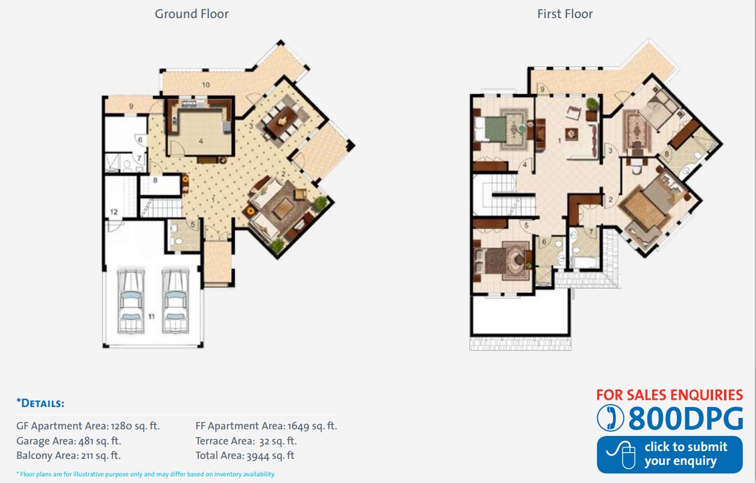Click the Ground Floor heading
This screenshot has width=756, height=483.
(191, 14)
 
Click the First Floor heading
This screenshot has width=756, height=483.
(565, 14)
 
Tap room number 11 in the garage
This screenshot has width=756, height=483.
(152, 317)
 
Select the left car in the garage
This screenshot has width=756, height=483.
(131, 301)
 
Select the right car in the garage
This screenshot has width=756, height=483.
(175, 301)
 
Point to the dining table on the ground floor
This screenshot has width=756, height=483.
(283, 121)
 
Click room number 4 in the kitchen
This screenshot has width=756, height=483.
(201, 141)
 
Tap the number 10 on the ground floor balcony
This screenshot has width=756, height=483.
(206, 85)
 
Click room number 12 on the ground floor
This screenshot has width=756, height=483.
(114, 212)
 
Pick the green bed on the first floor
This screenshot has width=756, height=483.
(491, 128)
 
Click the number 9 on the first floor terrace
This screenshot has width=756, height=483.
(542, 89)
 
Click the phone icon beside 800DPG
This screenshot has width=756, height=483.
(610, 418)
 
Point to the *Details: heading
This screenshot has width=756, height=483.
(40, 403)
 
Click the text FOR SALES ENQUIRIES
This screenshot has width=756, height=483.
(670, 395)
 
